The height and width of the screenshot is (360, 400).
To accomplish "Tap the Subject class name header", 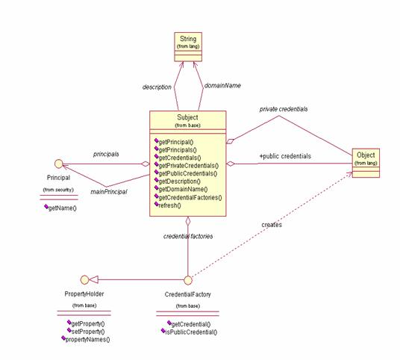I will (x=188, y=120).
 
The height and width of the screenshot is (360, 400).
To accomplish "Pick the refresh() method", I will (x=173, y=205).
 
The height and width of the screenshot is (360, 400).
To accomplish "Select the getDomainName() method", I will (x=186, y=189).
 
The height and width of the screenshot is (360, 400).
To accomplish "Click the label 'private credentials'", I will (x=283, y=109).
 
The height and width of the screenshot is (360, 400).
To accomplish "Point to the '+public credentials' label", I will (x=284, y=156).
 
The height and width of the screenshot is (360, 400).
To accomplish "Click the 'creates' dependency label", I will (x=271, y=223).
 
